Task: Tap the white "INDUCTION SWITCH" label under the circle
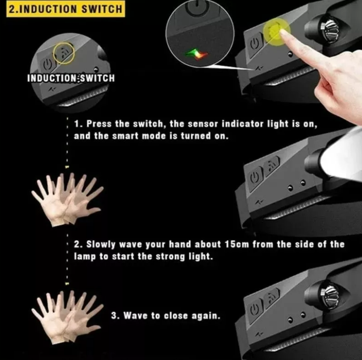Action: click(x=70, y=78)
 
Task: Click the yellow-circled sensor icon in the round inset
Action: click(x=64, y=53)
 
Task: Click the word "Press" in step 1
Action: click(x=100, y=125)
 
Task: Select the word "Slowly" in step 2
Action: click(x=102, y=244)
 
